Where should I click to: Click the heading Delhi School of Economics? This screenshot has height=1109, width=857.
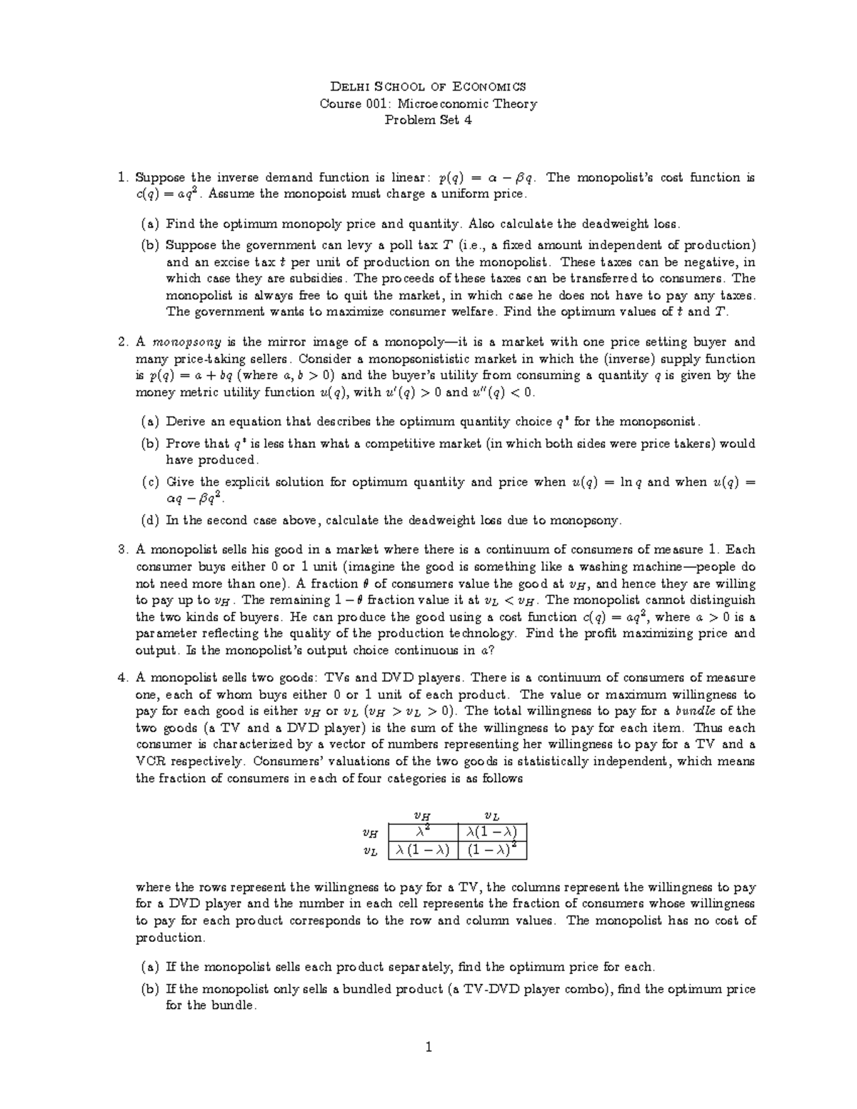(x=428, y=86)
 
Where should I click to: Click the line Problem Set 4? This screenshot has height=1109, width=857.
(x=428, y=120)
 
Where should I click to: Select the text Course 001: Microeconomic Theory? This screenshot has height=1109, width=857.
(x=428, y=104)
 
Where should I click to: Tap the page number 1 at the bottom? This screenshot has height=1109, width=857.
(x=428, y=1048)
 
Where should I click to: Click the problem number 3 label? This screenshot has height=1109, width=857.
(x=122, y=550)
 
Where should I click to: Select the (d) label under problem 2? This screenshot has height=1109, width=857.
(x=150, y=521)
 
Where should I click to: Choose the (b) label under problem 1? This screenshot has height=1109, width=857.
(x=150, y=245)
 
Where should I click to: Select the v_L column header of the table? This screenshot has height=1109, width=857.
(x=492, y=815)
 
